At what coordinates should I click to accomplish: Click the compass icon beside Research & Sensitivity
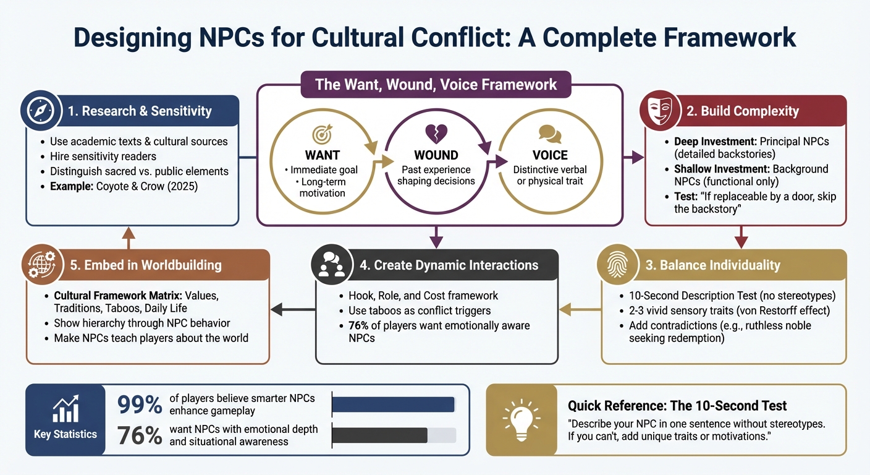coord(41,111)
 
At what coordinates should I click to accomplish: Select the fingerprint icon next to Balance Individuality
coord(616,265)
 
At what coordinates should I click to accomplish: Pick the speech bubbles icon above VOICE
coord(549,134)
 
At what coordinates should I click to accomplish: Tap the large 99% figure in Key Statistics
coord(140,404)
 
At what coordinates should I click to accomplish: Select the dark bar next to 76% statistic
coord(379,435)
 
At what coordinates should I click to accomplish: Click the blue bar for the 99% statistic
coord(393,404)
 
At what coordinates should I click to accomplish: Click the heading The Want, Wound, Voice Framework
coord(436,85)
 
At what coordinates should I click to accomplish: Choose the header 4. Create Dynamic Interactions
coord(449,265)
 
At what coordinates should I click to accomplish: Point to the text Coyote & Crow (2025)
coord(148,186)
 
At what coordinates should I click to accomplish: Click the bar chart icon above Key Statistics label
coord(65,410)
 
